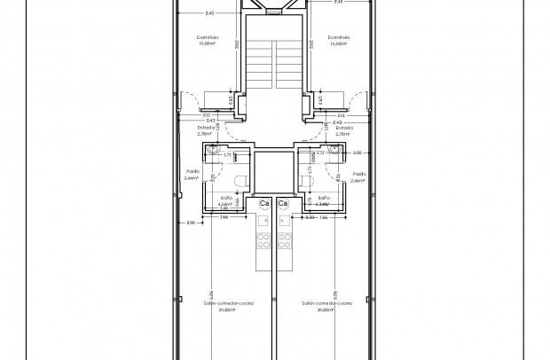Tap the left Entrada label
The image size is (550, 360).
(205, 129)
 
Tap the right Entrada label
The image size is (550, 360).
(343, 129)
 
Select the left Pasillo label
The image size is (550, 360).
(192, 174)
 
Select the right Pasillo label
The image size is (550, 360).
(358, 174)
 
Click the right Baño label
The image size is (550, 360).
(324, 199)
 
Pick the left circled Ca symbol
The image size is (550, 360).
(264, 204)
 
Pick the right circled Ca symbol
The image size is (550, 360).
(283, 204)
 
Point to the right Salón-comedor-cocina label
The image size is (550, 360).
(326, 303)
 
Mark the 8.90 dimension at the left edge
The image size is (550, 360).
(191, 223)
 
